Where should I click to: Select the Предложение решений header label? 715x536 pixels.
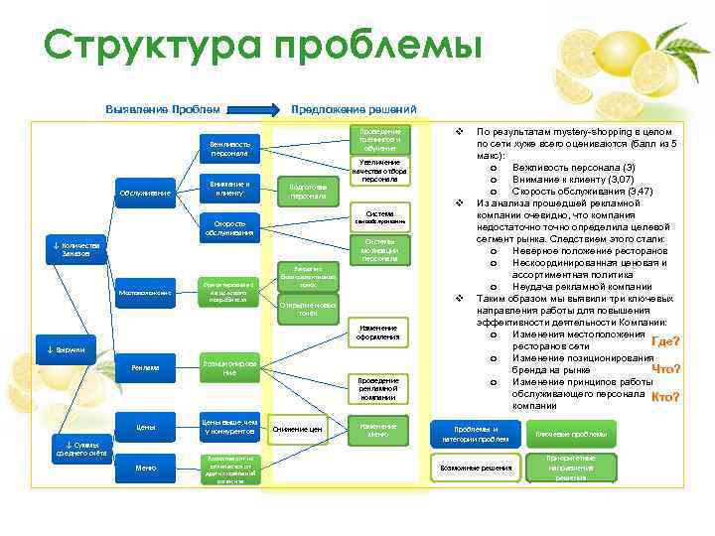pos(354,109)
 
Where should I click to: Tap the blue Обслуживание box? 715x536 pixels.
pos(144,192)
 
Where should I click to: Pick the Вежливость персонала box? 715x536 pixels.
pos(229,148)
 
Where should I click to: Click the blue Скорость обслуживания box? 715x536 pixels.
pos(229,227)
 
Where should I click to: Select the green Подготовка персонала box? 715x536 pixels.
pos(308,192)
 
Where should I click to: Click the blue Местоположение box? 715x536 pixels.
pos(144,293)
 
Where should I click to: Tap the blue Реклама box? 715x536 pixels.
pos(144,368)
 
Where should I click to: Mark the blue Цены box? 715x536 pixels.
pos(144,427)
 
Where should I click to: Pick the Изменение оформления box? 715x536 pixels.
pos(378,333)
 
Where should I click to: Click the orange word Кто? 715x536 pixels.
pos(664,397)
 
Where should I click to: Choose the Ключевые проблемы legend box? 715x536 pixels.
pos(571,435)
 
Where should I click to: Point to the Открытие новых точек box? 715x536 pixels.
pos(309,308)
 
